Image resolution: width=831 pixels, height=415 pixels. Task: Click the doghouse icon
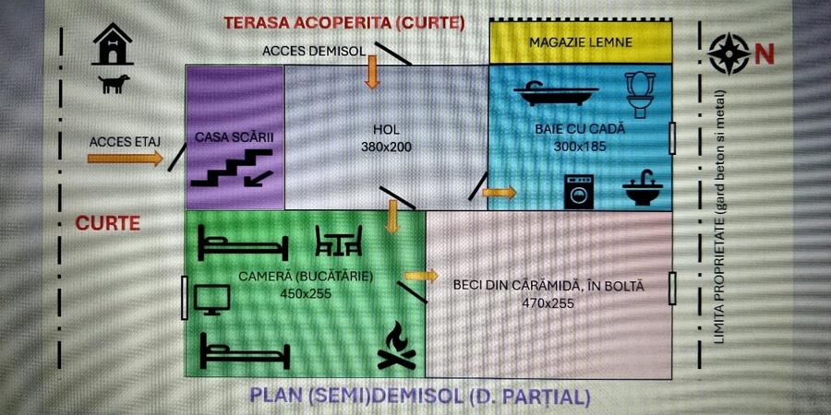(x=113, y=46)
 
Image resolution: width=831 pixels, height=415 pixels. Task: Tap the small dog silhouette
(x=114, y=84)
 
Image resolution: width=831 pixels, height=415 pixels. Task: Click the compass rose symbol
(x=729, y=53)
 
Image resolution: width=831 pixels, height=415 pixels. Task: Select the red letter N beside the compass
(x=765, y=54)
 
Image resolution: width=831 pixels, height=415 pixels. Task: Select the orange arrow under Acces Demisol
(x=372, y=72)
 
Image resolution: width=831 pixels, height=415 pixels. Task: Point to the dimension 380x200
(x=386, y=147)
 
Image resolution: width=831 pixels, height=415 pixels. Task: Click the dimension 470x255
(x=548, y=302)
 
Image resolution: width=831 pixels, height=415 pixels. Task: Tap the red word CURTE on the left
(x=107, y=223)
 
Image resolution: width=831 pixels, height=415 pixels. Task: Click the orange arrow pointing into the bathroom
(x=499, y=193)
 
